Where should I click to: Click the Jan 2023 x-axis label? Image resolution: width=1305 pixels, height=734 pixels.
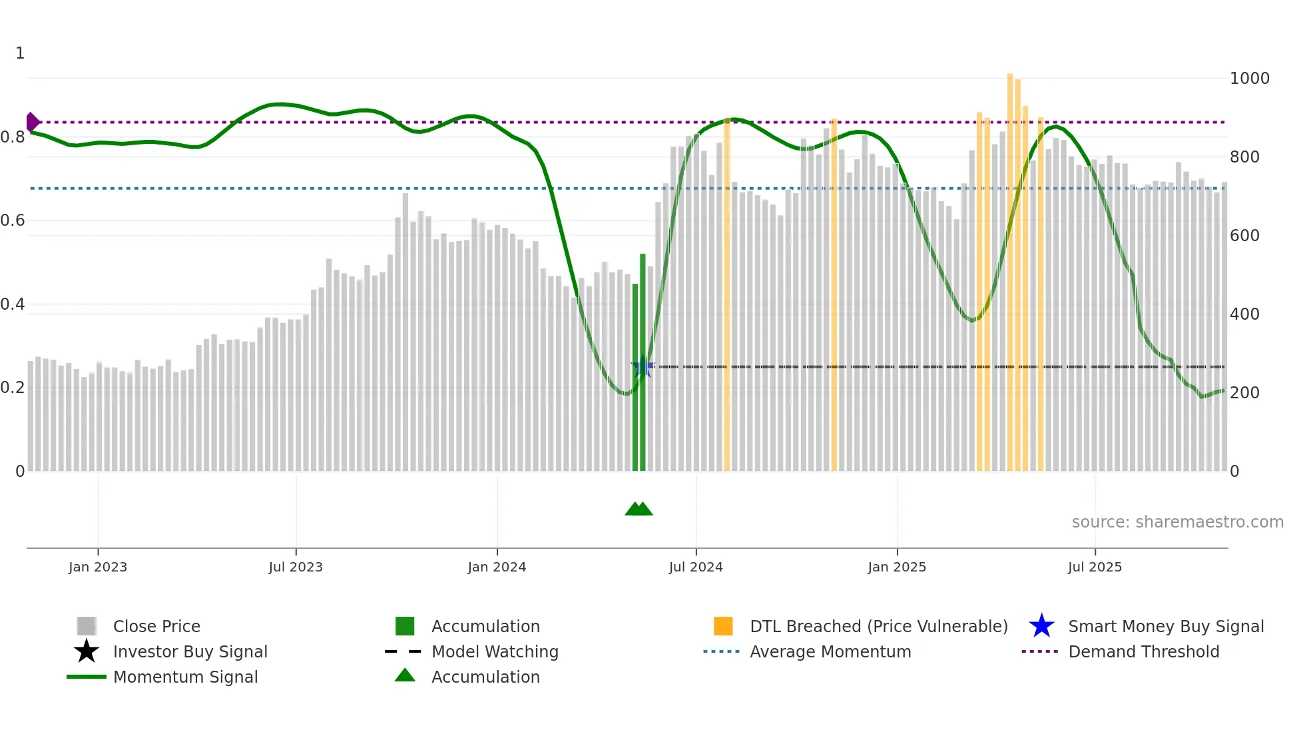tap(97, 567)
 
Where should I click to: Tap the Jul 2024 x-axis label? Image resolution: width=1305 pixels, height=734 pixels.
tap(696, 567)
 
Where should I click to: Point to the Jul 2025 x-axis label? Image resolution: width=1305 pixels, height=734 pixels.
tap(1095, 567)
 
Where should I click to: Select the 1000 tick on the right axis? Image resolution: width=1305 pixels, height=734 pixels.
tap(1249, 79)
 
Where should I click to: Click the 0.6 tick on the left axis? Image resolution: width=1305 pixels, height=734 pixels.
tap(13, 220)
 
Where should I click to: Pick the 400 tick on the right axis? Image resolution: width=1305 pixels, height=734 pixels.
tap(1244, 314)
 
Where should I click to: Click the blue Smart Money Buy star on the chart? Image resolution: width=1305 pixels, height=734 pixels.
tap(642, 368)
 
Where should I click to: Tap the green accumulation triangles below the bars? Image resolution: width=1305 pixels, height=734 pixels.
tap(639, 509)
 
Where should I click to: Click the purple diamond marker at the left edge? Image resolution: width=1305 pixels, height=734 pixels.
tap(32, 123)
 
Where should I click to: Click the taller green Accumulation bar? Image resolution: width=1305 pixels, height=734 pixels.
tap(643, 363)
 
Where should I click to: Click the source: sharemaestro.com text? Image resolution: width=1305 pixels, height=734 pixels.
tap(1177, 522)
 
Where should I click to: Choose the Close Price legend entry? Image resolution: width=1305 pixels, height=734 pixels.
tap(156, 626)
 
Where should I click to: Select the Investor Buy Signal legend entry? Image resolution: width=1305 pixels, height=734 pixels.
tap(190, 651)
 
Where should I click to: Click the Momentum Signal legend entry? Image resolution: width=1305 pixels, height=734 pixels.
tap(185, 677)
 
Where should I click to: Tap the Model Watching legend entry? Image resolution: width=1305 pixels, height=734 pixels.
tap(495, 651)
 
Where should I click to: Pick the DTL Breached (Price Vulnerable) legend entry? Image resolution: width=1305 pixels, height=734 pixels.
tap(878, 626)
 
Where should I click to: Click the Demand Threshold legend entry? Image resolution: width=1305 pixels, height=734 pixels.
tap(1143, 651)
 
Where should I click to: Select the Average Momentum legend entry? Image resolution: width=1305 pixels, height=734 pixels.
tap(830, 651)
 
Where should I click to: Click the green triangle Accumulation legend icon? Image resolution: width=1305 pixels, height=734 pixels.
tap(405, 675)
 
